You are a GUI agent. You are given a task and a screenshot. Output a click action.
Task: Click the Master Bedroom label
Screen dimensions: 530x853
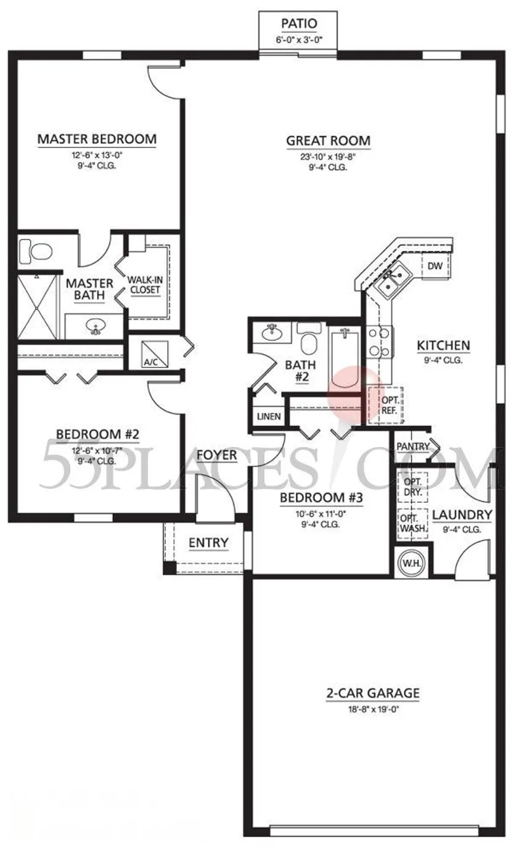click(x=97, y=139)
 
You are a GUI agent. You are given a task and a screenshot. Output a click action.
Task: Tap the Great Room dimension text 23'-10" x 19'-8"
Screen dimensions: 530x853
click(x=328, y=157)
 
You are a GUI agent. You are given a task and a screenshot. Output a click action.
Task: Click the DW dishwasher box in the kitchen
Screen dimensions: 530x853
click(x=435, y=265)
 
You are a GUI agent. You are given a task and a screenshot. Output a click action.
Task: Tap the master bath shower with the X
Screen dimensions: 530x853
click(x=36, y=307)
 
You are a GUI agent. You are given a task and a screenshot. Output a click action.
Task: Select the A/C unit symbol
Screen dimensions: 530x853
click(x=155, y=354)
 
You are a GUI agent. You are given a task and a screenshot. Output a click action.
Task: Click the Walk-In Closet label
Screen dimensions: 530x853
click(x=145, y=285)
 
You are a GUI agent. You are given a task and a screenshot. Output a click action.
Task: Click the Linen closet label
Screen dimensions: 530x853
click(x=269, y=416)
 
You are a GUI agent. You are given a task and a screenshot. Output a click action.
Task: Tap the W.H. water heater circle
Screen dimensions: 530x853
click(x=411, y=563)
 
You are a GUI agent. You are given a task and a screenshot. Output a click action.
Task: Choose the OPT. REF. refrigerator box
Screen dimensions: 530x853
click(x=386, y=405)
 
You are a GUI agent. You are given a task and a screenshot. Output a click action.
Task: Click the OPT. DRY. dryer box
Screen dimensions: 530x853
click(x=412, y=487)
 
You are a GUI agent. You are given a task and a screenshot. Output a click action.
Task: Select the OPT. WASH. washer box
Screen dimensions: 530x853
click(x=413, y=524)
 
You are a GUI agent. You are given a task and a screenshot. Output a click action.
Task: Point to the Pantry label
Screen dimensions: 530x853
click(x=413, y=446)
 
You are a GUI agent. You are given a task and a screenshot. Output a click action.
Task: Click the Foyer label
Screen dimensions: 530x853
click(x=216, y=455)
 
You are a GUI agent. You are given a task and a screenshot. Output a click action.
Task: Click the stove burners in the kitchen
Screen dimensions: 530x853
click(x=379, y=342)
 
